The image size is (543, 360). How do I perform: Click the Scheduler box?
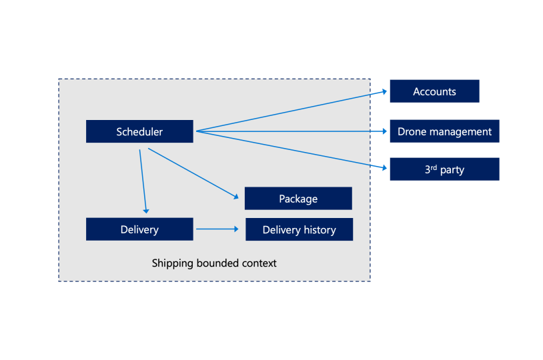(x=139, y=131)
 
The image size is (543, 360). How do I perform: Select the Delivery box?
(x=139, y=229)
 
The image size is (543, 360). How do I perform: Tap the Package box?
(x=298, y=199)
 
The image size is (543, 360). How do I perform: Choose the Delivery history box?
(x=299, y=229)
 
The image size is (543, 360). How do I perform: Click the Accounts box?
(x=434, y=91)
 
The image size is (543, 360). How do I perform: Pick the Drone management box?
(x=444, y=131)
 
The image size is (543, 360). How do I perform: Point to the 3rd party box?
(x=444, y=169)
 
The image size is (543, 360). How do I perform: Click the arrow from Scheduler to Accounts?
(x=294, y=111)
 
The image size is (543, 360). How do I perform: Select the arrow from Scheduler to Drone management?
(x=294, y=131)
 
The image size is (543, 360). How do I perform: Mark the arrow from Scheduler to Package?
(x=193, y=173)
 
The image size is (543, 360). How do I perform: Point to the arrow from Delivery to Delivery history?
(x=217, y=229)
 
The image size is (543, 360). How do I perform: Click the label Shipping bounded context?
(x=214, y=263)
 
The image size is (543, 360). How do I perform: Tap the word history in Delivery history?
(x=320, y=230)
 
